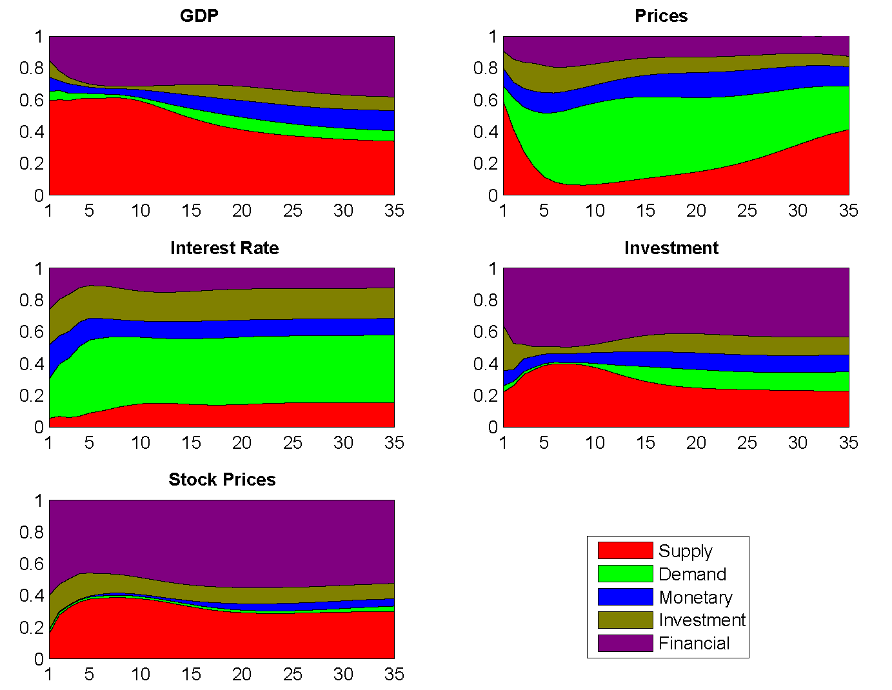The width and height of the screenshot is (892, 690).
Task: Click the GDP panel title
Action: (x=199, y=16)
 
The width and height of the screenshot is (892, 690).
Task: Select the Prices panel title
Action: (x=661, y=16)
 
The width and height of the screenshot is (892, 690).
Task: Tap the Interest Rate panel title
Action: (x=224, y=248)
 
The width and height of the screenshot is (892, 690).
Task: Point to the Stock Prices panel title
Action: (x=222, y=480)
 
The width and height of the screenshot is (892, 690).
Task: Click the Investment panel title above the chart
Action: (x=671, y=248)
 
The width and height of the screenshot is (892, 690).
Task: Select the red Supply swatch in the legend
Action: (x=625, y=551)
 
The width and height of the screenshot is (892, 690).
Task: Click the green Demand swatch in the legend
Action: (x=625, y=574)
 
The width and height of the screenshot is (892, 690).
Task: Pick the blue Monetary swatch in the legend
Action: (x=625, y=597)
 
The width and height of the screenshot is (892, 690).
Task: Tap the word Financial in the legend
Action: (x=694, y=644)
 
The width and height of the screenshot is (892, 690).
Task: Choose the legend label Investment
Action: (x=702, y=620)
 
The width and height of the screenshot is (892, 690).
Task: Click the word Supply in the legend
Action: (x=685, y=551)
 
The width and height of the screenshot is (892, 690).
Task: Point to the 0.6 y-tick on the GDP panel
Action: (x=31, y=100)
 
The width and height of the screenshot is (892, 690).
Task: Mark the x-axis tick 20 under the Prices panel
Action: (x=696, y=211)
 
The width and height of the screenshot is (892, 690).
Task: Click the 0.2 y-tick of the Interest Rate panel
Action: (x=31, y=395)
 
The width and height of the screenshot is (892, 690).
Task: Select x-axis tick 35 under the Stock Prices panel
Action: (x=394, y=675)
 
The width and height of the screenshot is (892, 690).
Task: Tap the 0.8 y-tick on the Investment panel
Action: (x=485, y=300)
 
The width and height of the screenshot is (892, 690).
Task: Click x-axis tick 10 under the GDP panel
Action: (x=141, y=211)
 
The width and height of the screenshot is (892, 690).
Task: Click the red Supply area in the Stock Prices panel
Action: (x=193, y=632)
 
